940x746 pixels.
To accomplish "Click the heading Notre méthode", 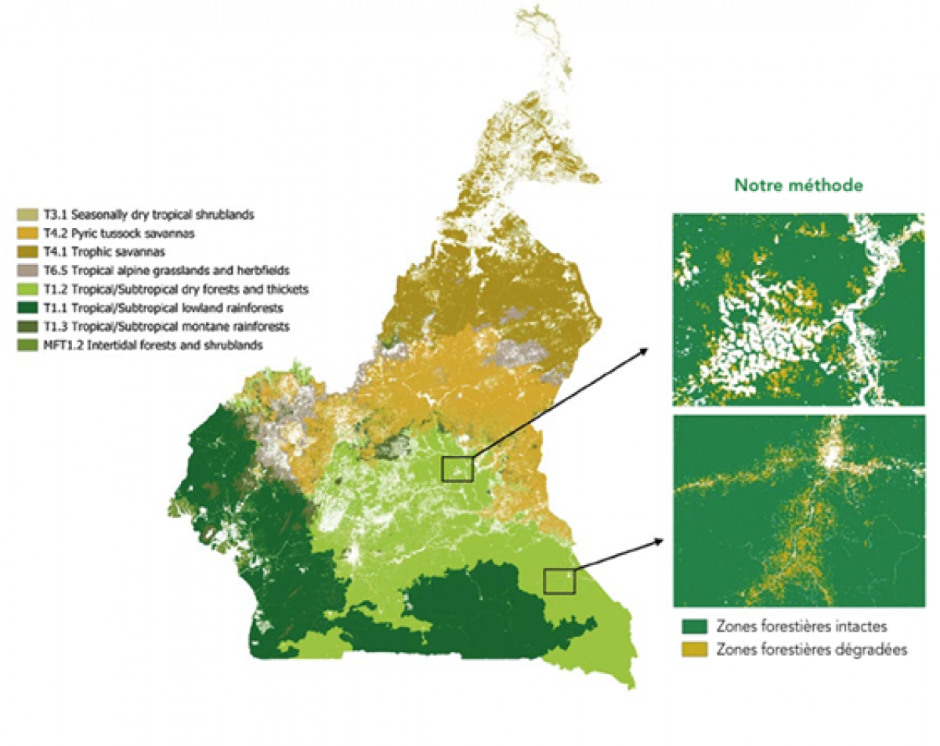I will coord(799,186).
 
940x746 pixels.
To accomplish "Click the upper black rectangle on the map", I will coord(457,469).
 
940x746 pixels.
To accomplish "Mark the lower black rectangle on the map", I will coord(560,581).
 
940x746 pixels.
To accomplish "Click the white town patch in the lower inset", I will coord(829,454).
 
